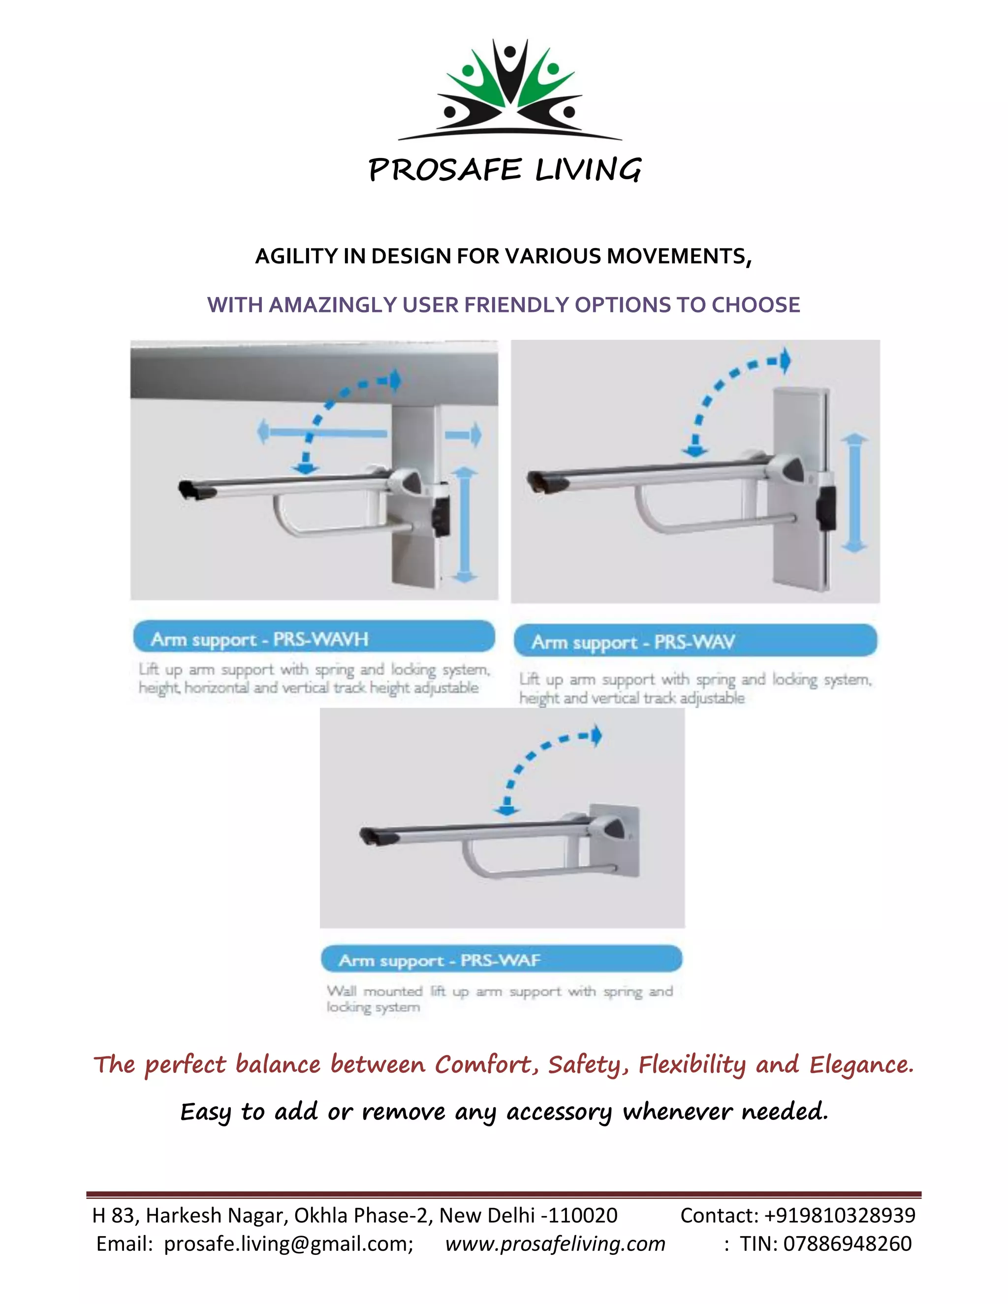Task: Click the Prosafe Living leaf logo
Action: (509, 90)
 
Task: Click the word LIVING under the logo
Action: (588, 170)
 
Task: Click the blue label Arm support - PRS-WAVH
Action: (314, 638)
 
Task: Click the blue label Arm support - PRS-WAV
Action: (695, 641)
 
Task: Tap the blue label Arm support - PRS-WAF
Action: (502, 960)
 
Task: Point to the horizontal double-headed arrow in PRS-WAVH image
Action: (322, 432)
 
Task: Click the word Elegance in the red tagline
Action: (861, 1064)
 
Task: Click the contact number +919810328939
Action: (839, 1215)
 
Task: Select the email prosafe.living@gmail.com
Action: (288, 1243)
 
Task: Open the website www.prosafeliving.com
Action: (555, 1243)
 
